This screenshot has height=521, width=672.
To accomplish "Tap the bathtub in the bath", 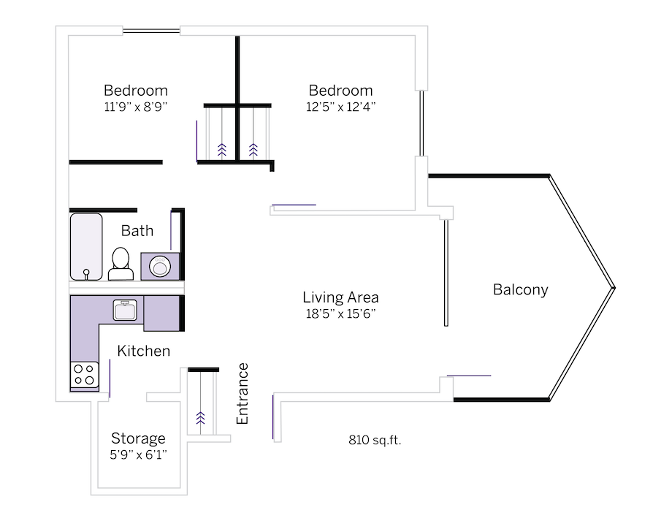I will click(x=86, y=246).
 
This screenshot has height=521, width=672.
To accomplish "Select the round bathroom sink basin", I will click(x=161, y=267).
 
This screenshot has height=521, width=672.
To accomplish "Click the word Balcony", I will click(x=520, y=290).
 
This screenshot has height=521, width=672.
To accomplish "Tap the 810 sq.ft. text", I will click(x=375, y=441).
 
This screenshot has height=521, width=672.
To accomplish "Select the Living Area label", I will click(x=340, y=297).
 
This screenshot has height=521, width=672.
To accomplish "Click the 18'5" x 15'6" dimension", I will click(x=340, y=314).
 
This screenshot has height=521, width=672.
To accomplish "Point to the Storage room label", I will click(x=138, y=438).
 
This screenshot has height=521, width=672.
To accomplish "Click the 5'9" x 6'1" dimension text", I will click(x=138, y=455).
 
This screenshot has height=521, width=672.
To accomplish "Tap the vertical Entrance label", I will click(x=243, y=393).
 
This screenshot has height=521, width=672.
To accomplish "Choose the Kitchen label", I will click(x=144, y=351).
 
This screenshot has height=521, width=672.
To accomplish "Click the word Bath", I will click(x=137, y=231).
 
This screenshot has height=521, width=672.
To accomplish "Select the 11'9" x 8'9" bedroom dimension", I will click(x=135, y=107).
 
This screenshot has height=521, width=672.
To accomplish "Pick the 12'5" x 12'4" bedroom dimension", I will click(x=340, y=107).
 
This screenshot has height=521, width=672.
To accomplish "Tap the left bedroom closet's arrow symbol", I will click(x=221, y=150).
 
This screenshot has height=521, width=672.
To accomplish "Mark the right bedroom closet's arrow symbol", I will click(x=253, y=150).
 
